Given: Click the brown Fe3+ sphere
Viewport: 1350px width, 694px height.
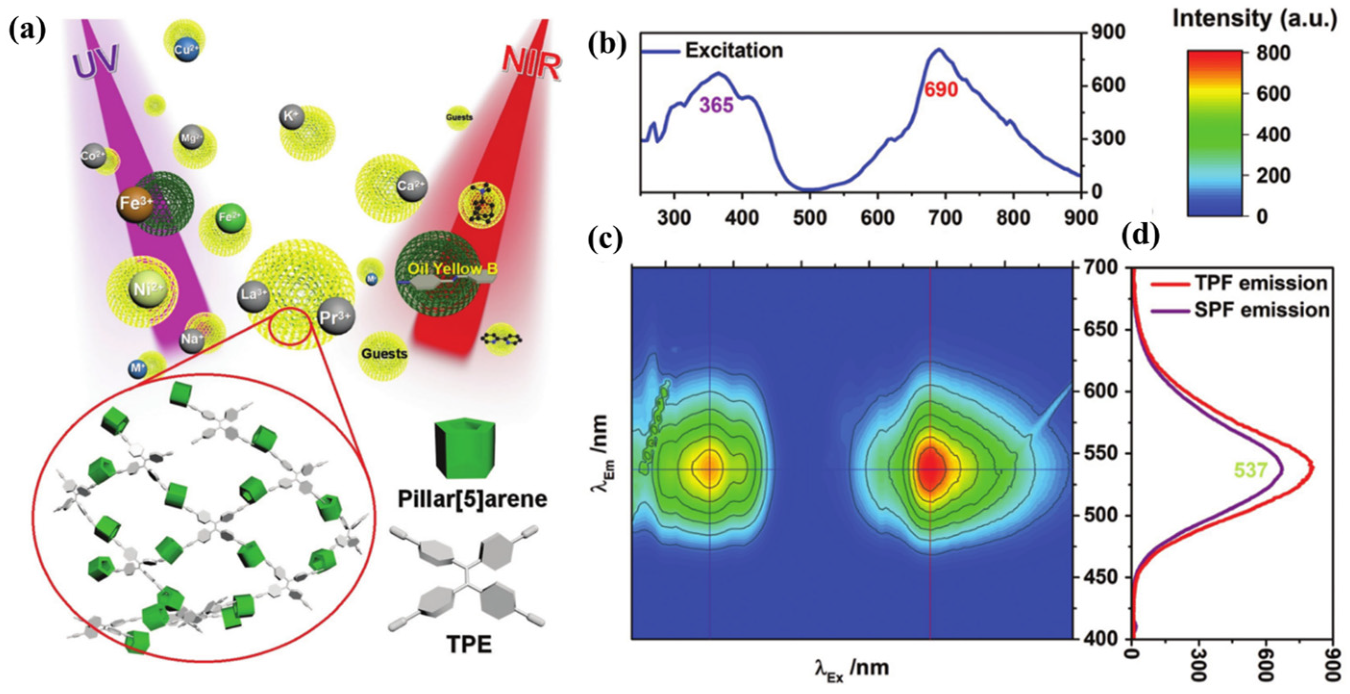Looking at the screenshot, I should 135,203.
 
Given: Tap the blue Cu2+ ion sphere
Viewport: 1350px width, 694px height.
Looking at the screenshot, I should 186,50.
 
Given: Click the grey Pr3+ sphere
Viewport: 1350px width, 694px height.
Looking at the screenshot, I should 335,317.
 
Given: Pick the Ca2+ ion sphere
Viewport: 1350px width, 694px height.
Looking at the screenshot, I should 411,186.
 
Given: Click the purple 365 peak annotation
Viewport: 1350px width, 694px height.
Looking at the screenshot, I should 717,105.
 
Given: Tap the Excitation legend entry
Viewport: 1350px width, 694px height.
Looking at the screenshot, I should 734,51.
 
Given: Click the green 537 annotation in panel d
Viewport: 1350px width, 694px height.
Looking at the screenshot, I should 1251,470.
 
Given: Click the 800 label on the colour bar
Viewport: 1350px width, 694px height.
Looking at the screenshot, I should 1274,53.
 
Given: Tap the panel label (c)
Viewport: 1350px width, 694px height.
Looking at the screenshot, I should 605,239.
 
